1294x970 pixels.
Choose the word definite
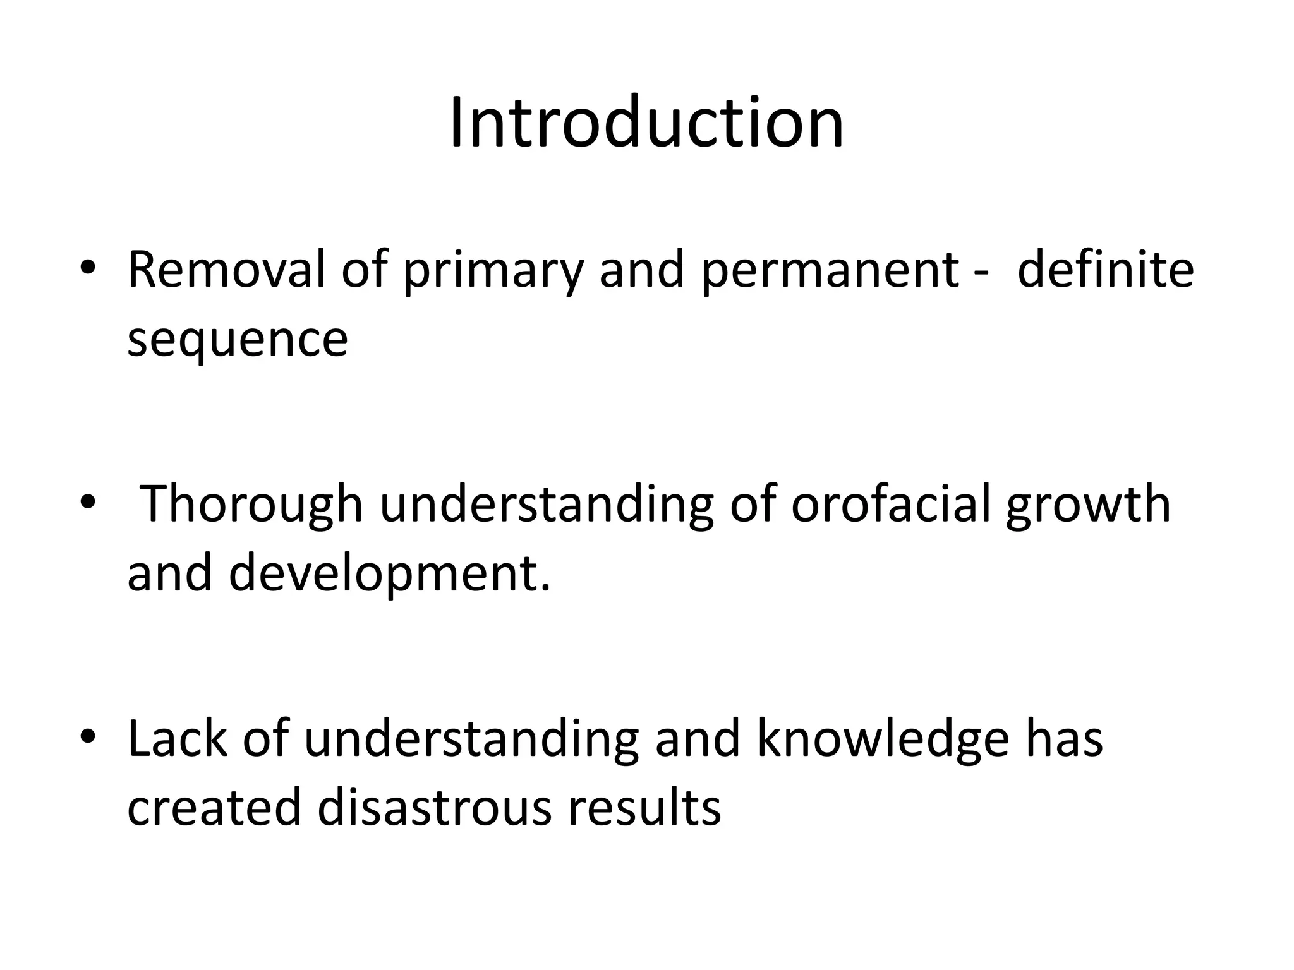(1106, 270)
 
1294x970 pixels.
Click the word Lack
(177, 738)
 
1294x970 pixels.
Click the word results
(644, 808)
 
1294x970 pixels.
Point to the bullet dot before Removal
(88, 268)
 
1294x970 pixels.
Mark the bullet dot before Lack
(88, 736)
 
